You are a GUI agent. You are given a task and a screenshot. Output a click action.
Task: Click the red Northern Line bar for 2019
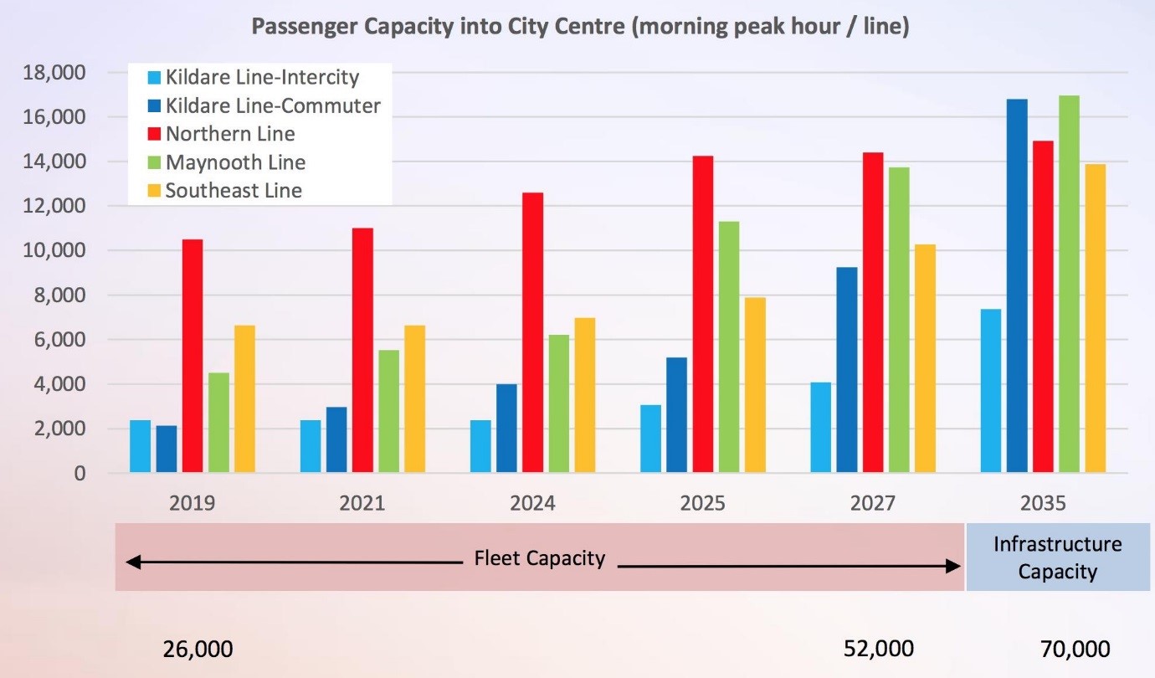coord(192,356)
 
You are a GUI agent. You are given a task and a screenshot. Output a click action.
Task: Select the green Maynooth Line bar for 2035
coord(1069,284)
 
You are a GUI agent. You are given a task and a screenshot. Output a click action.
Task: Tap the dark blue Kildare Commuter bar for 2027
coord(847,370)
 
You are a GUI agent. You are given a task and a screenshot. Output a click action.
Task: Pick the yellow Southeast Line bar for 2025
coord(755,385)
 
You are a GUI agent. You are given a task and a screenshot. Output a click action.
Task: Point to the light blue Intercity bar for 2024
coord(480,446)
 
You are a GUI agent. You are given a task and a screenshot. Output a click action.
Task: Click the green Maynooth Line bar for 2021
coord(389,411)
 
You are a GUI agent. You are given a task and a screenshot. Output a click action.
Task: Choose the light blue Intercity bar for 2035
coord(990,390)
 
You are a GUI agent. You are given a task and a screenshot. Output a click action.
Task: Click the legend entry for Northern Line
coord(222,134)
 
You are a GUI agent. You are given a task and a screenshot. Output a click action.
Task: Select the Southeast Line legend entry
coord(225,191)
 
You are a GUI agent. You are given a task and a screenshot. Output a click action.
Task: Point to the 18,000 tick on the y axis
coord(54,73)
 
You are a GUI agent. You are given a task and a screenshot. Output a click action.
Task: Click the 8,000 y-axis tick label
coord(59,295)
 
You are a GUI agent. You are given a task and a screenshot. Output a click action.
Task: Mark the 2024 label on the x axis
coord(532,503)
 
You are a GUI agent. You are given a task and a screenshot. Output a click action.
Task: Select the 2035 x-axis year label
coord(1043,503)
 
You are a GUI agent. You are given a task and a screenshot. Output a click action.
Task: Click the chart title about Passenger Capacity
coord(580,26)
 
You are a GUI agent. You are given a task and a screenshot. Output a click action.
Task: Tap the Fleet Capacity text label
coord(539,558)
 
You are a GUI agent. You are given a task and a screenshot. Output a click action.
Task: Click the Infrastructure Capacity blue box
coord(1058,557)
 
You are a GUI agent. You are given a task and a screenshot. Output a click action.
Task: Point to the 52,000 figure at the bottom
coord(879,649)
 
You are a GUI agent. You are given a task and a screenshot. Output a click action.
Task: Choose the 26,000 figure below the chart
coord(198,650)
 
